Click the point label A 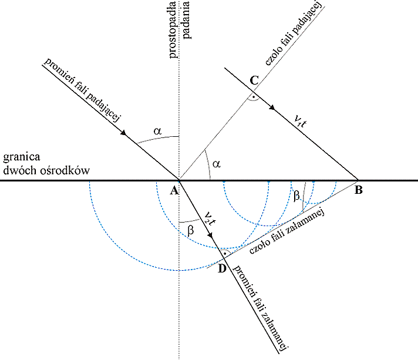[173, 190]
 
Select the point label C [254, 80]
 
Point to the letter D [221, 268]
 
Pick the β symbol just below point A [190, 231]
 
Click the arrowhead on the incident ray [124, 133]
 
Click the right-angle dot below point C [252, 96]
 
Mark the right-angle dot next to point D [224, 254]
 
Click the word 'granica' [21, 157]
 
